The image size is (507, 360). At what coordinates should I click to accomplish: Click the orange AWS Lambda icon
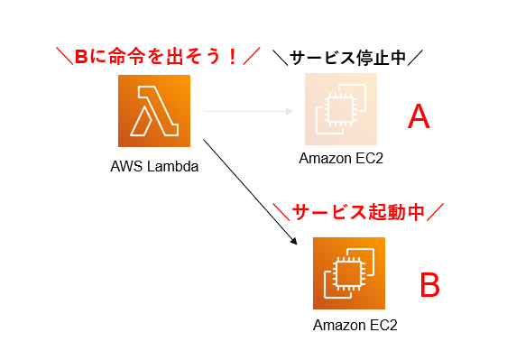click(153, 111)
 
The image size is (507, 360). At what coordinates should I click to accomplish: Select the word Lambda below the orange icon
click(172, 166)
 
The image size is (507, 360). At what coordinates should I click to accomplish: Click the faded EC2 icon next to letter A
click(340, 110)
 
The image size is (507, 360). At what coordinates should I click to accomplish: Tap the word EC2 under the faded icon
click(369, 160)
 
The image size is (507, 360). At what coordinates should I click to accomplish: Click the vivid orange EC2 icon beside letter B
click(348, 272)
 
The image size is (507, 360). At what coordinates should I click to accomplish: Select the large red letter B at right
click(429, 285)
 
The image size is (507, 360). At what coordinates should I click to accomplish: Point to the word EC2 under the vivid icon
click(383, 325)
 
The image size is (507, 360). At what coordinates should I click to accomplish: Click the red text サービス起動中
click(358, 213)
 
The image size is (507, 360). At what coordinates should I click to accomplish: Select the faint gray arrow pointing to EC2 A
click(248, 111)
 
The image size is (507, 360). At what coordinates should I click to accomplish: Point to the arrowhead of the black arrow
click(294, 242)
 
